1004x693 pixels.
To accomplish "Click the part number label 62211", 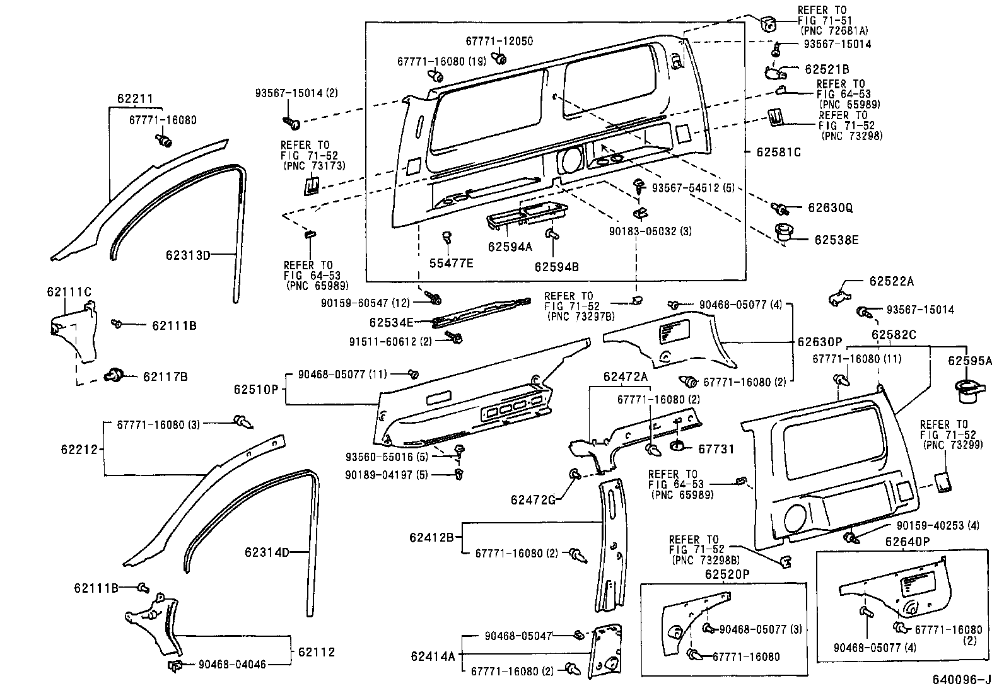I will (134, 99).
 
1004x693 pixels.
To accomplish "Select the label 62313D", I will (187, 255).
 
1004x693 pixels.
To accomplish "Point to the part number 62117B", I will (165, 376).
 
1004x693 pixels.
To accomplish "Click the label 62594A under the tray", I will (510, 247).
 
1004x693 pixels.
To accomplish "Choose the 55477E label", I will (451, 263).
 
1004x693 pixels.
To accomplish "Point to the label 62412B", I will (431, 537).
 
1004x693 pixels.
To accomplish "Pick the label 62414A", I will (432, 656).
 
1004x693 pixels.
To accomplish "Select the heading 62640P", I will (907, 542).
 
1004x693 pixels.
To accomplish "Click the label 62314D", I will (267, 552).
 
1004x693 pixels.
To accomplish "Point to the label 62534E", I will (391, 322).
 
